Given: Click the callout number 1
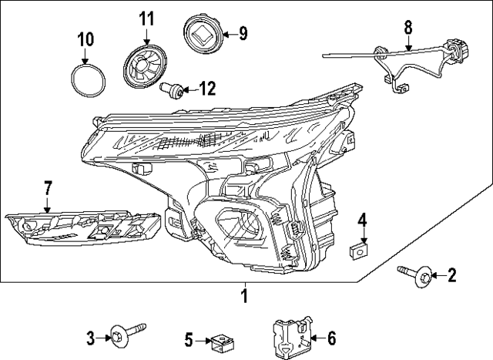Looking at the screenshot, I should (244, 296).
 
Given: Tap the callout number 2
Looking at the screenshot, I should (452, 274).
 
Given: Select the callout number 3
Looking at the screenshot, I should (90, 337).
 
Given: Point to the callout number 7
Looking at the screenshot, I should (47, 187).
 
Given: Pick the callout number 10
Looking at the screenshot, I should (85, 38).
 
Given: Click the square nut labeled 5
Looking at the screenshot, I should (223, 338).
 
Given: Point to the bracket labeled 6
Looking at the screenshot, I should (292, 336).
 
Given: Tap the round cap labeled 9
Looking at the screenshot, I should (203, 35).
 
